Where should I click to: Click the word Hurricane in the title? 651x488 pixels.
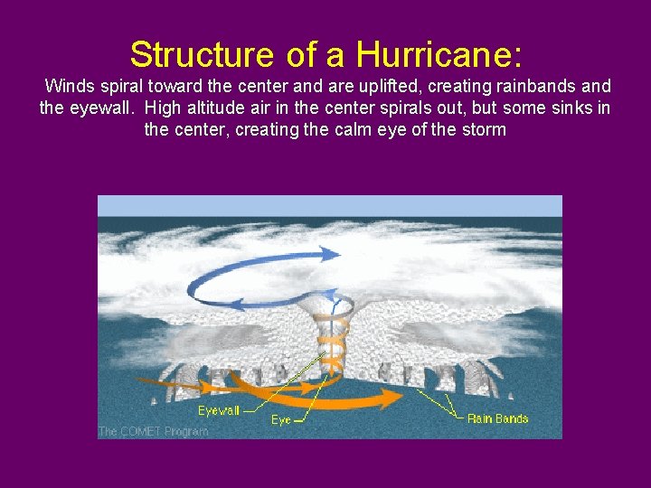[x=439, y=54]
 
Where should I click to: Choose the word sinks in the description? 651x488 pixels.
[x=568, y=109]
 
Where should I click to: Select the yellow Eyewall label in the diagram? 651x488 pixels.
[x=220, y=410]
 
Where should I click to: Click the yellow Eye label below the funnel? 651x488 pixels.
[x=281, y=420]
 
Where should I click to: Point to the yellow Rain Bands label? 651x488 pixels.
[x=497, y=418]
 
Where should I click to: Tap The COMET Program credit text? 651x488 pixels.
[x=153, y=431]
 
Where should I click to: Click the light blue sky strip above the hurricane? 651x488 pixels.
[x=329, y=205]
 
